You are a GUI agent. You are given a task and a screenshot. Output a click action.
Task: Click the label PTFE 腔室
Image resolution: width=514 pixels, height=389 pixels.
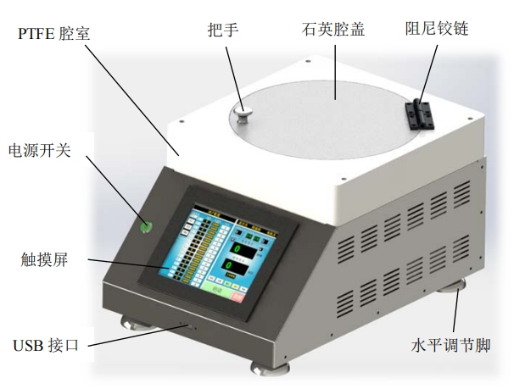pyautogui.click(x=52, y=35)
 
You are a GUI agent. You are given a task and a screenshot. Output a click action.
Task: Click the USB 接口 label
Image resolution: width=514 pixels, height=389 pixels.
pyautogui.click(x=46, y=346)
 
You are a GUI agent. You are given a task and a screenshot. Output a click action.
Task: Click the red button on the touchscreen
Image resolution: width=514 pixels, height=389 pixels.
pyautogui.click(x=237, y=294)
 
